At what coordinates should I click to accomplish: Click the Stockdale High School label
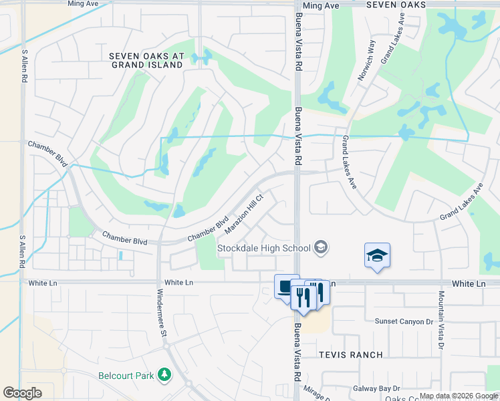coord(263,249)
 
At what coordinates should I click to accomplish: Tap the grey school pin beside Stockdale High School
coord(321,248)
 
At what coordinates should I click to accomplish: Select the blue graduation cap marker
coord(377,255)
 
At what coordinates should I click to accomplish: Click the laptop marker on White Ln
coord(286,286)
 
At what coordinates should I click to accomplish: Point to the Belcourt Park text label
coord(126,376)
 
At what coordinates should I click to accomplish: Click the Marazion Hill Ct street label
coord(245,214)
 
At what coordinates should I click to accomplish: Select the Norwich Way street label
coord(366,59)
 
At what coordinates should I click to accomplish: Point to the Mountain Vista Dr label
coord(441,319)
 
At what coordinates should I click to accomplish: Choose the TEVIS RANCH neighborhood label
coord(350,355)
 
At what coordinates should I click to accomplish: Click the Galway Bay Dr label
coord(376,388)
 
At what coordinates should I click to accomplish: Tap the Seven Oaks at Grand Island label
coord(146,61)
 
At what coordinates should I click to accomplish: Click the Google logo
coord(22,393)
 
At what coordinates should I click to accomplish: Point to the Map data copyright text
coord(458,396)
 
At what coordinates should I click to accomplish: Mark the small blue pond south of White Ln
coord(120,255)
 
